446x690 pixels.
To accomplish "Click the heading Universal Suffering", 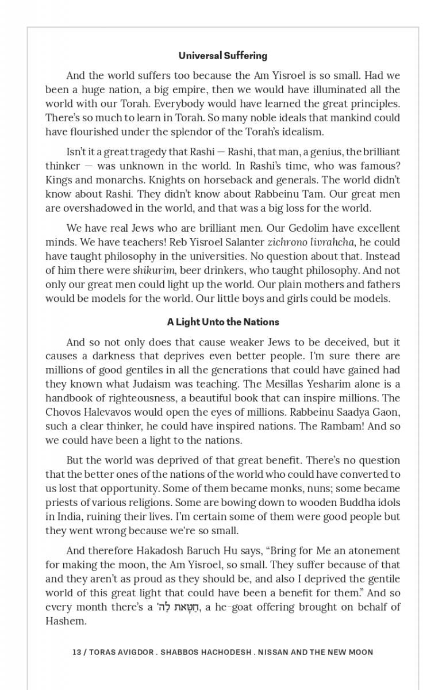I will [x=222, y=56].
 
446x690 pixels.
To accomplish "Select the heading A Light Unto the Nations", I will [x=222, y=322].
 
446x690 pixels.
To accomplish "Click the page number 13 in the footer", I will [x=76, y=652].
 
